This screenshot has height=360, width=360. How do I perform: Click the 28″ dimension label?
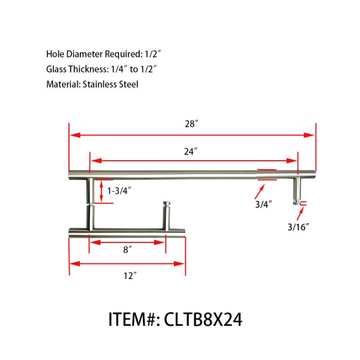[191, 124]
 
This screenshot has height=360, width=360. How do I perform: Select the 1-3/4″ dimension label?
[119, 191]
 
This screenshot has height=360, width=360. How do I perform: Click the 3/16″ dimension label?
[298, 226]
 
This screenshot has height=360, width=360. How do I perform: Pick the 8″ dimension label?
[127, 251]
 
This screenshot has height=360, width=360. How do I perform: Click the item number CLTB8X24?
[203, 319]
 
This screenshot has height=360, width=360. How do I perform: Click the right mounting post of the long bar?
[296, 190]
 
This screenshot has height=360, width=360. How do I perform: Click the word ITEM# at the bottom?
[133, 319]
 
